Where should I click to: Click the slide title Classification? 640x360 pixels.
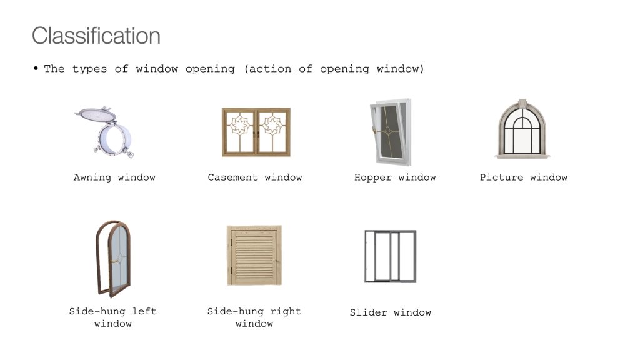coord(96,36)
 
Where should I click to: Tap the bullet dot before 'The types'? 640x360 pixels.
coord(36,69)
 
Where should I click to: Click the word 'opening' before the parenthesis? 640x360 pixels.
coord(210,69)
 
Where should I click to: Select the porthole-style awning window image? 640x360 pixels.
coord(104,132)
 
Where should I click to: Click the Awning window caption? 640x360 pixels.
coord(115,177)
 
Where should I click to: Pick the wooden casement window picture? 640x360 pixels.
coord(256,132)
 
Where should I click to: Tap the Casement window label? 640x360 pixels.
coord(255,177)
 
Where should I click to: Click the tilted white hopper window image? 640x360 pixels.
coord(391,132)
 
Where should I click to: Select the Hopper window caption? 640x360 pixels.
coord(395,177)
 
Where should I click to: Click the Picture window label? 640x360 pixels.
coord(524,177)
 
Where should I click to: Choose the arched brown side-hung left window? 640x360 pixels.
coord(113,259)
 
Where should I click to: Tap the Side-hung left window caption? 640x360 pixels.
coord(113,317)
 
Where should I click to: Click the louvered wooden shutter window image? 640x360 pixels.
coord(254,255)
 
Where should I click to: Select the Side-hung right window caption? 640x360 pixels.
coord(254,317)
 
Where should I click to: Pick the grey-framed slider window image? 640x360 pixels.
coord(390,256)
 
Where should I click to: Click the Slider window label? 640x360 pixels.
coord(391,312)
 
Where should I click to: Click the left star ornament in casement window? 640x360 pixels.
coord(239,124)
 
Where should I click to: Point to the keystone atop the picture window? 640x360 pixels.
coord(522,103)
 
